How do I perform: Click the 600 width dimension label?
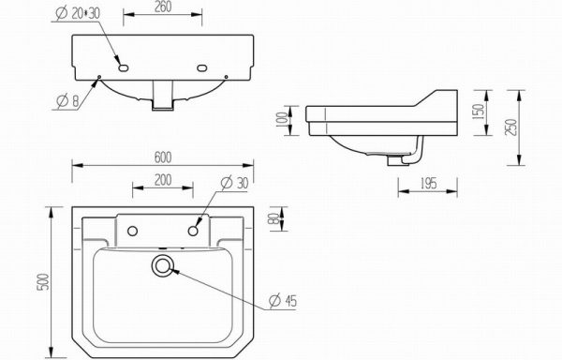[x=163, y=157]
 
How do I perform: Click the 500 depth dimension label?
[x=43, y=282]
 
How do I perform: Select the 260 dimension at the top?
[x=163, y=7]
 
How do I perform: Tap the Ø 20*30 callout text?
[x=78, y=13]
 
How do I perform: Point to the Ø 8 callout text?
[x=67, y=101]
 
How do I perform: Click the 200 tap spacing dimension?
[x=163, y=180]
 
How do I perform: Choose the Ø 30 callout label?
[x=235, y=183]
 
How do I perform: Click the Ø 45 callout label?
[x=283, y=301]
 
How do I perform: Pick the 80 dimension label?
[x=274, y=218]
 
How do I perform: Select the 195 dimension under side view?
[x=428, y=184]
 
